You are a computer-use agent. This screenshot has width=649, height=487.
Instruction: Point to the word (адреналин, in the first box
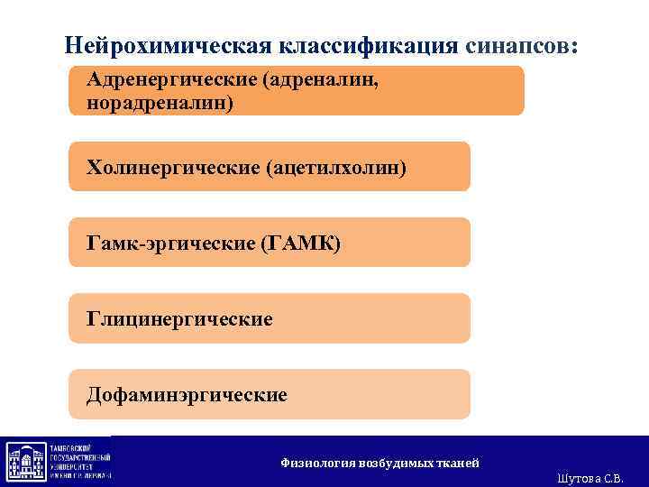tap(321, 81)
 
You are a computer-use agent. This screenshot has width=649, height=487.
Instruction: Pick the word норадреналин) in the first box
tap(160, 103)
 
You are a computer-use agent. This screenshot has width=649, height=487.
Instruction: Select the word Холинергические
tap(172, 167)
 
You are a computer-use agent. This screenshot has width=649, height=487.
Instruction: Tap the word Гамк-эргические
tap(169, 243)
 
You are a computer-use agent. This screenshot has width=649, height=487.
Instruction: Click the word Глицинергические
tap(179, 318)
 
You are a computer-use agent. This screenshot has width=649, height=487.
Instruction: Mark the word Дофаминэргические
tap(187, 394)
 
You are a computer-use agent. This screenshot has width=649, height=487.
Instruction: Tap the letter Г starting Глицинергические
tap(92, 318)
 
